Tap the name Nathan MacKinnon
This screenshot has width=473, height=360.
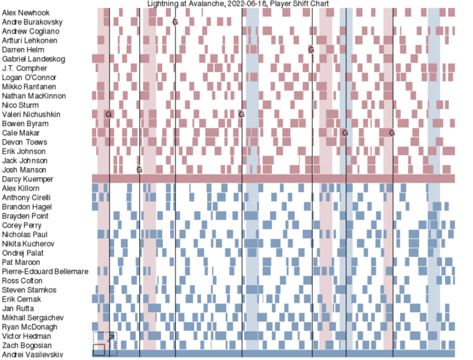pos(32,96)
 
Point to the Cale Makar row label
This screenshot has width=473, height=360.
pos(20,133)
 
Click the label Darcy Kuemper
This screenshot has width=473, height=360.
pos(28,179)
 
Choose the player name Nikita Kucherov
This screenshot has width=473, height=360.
pos(30,244)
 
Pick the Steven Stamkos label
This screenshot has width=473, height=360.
pos(29,290)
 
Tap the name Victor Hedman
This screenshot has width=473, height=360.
pos(26,336)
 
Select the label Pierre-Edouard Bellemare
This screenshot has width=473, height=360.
pos(45,271)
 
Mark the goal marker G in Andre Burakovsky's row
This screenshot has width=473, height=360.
pos(175,22)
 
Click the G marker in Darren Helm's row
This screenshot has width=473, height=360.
pos(311,50)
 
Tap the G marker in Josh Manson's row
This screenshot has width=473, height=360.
pos(139,170)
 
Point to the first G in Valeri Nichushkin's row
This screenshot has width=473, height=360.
pos(108,114)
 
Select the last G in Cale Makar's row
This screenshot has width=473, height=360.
pos(392,133)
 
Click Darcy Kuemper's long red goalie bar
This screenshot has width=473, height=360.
pos(273,179)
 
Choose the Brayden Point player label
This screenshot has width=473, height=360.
pos(24,216)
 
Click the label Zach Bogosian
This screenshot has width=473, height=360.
pos(26,345)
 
